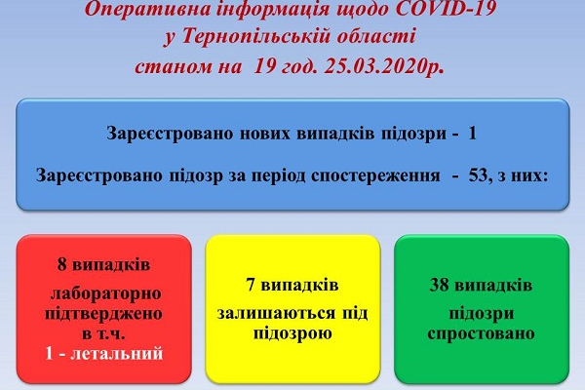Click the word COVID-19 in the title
coord(446,9)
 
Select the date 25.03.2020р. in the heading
coord(383,67)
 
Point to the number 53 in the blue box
coord(479,175)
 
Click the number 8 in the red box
coord(62,264)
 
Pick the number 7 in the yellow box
coord(251,285)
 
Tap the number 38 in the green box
coord(439,285)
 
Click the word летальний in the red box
coord(117,353)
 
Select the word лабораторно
coord(105,293)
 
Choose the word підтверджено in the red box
coord(103,314)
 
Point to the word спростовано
coord(481,333)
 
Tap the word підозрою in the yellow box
coord(292,333)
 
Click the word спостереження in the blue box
coord(375,175)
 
